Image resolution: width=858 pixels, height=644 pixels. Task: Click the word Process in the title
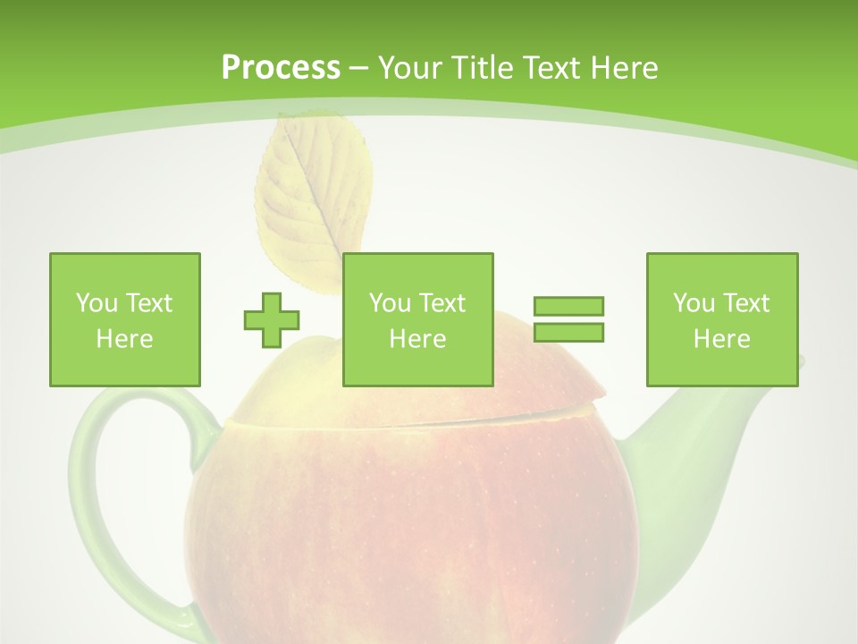(281, 68)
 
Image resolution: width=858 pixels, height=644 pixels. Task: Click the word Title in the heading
(480, 68)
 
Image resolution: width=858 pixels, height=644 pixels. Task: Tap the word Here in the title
(623, 68)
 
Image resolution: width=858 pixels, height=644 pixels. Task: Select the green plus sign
(272, 319)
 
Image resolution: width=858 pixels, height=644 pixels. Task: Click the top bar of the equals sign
(568, 306)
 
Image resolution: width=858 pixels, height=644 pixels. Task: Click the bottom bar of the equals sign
(568, 332)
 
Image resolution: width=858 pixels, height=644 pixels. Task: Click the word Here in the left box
(124, 339)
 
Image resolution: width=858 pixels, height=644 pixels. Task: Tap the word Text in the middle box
(442, 303)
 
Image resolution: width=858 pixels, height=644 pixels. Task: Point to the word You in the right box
(694, 303)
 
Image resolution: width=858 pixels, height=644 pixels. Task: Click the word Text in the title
(551, 68)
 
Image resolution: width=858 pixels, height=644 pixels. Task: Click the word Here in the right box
(721, 339)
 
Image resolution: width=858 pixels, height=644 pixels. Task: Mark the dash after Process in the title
(358, 68)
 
